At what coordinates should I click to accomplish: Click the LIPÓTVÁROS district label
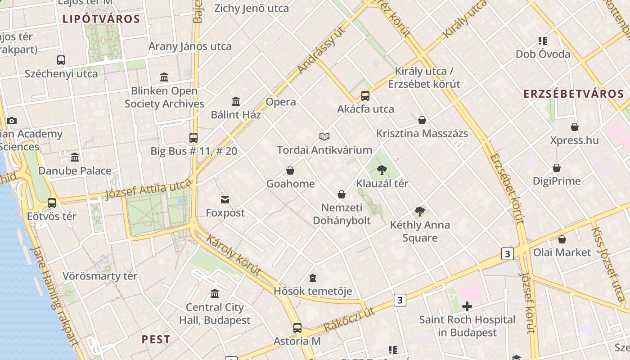point(101,19)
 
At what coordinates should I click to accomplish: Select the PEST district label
point(156,339)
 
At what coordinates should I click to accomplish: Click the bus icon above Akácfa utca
point(365,96)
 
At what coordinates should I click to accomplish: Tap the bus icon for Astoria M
point(297,328)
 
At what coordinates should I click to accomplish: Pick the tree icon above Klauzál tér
point(382,170)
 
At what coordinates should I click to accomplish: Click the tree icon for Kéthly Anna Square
point(420,211)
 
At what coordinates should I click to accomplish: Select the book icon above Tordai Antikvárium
point(324,136)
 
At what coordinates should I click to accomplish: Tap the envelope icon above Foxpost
point(225,200)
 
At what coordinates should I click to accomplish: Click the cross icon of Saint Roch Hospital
point(467,307)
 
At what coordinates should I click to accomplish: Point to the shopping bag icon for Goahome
point(290,171)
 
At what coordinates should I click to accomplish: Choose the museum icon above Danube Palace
point(75,157)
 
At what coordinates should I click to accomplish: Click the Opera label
point(281,102)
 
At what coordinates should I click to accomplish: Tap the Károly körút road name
point(233,255)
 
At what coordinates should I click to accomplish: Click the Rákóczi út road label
point(349,320)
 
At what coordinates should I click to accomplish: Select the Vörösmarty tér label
point(100,276)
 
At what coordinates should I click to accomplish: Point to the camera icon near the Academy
point(12,121)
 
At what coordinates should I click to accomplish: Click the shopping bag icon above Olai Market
point(562,239)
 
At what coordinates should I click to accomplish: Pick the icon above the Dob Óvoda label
point(543,41)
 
